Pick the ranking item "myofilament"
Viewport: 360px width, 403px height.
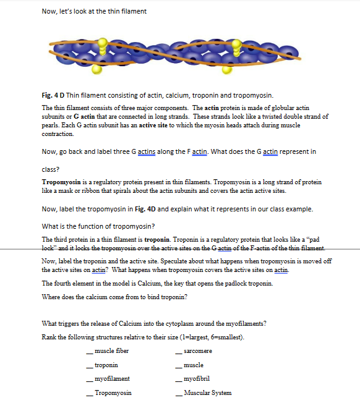(113, 378)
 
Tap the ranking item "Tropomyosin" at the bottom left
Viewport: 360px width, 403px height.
(113, 392)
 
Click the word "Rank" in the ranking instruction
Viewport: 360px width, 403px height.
(48, 337)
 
